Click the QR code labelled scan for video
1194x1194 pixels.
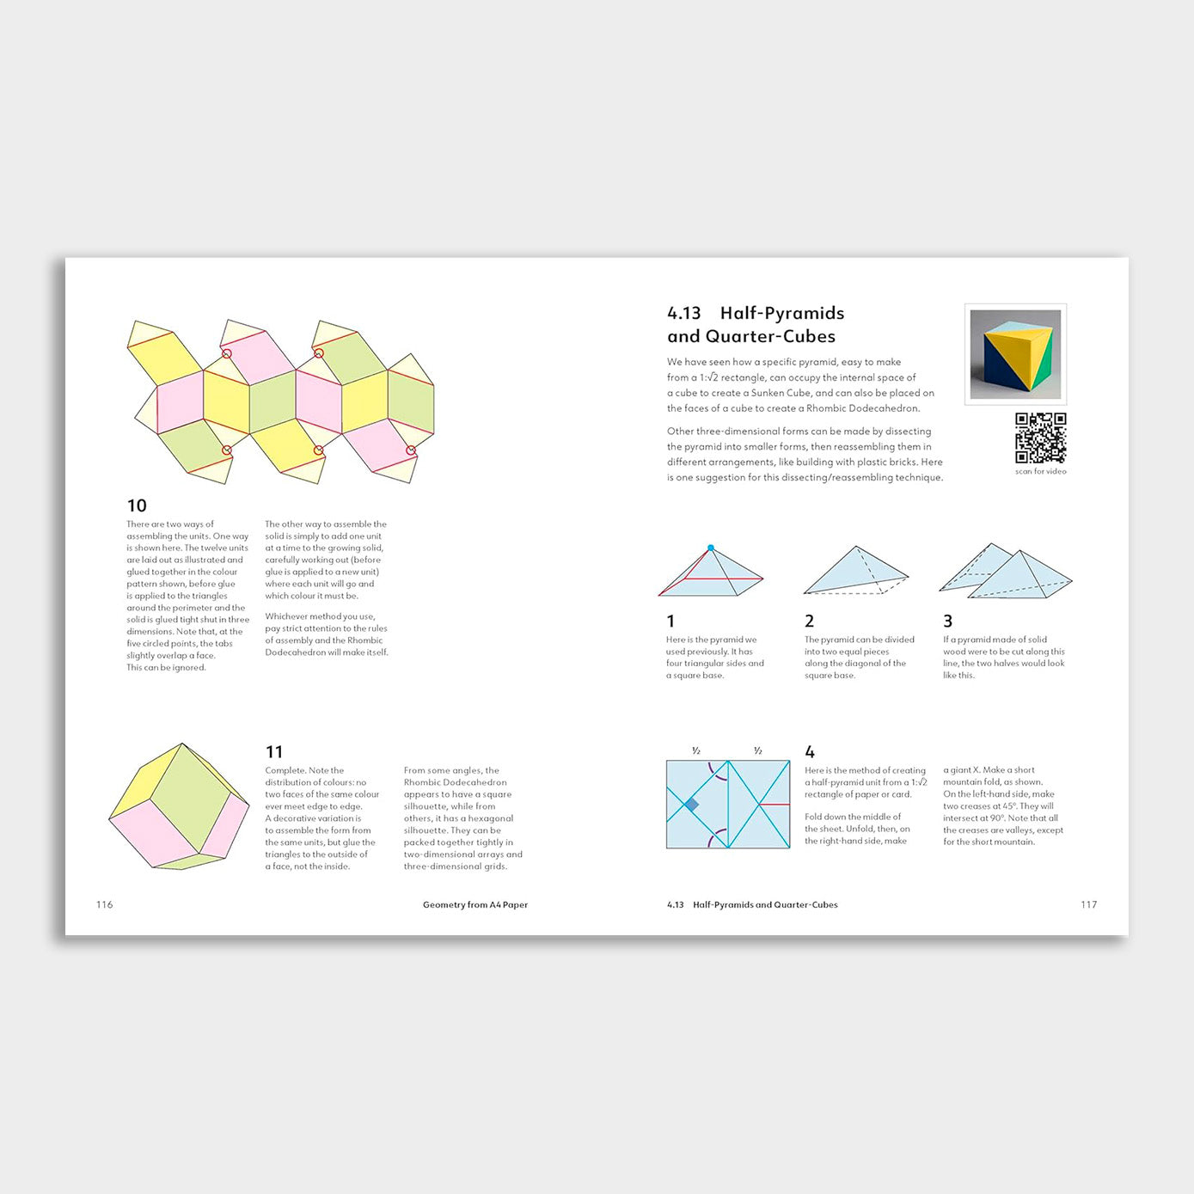coord(1040,438)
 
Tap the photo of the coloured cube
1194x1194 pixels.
coord(1015,353)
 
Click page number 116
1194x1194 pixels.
coord(105,904)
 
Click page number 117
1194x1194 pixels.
coord(1088,904)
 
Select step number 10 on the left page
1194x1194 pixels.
coord(137,505)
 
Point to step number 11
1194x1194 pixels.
coord(274,752)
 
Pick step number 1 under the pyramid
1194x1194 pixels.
coord(670,621)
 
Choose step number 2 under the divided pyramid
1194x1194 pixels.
coord(809,621)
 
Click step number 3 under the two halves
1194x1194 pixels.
coord(947,621)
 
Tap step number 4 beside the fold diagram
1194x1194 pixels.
coord(810,752)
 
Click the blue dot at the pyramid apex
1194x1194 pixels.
coord(711,548)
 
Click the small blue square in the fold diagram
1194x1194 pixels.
coord(691,805)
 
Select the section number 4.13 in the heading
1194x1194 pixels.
coord(684,313)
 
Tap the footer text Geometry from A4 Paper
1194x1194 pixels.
coord(475,904)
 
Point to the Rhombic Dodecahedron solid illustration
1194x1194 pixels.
coord(179,806)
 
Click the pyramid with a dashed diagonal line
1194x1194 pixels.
coord(855,571)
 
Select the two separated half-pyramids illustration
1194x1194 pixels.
coord(1006,571)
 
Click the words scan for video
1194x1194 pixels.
coord(1040,471)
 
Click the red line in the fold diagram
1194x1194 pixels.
coord(775,805)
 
